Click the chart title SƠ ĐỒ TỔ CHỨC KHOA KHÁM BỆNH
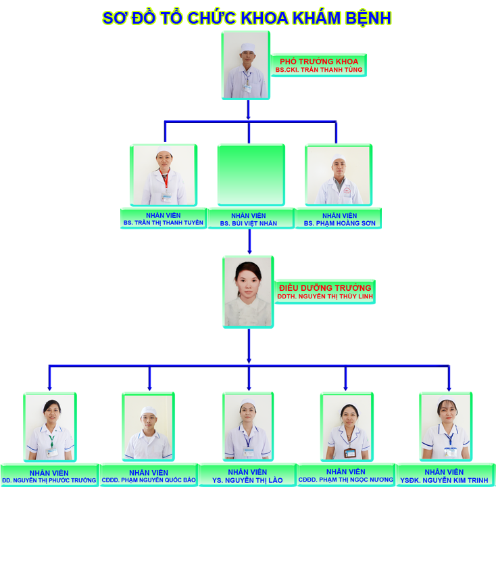tap(247, 18)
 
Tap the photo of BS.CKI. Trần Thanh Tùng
tap(246, 65)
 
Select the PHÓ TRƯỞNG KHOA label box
tap(318, 65)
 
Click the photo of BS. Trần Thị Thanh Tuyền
tap(164, 175)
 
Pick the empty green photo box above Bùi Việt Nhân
tap(251, 175)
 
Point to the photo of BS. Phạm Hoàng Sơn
tap(338, 175)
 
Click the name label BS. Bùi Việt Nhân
tap(251, 218)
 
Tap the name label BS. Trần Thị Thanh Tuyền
tap(163, 218)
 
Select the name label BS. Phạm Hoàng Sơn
tap(339, 218)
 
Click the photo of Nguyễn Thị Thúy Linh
tap(248, 292)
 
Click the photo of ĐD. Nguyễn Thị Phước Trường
tap(49, 427)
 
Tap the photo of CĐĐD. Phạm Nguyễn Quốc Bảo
tap(149, 427)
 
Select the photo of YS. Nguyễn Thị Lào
tap(248, 427)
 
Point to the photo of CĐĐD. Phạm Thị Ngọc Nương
tap(346, 427)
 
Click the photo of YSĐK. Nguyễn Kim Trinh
tap(445, 427)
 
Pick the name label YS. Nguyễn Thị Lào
tap(247, 476)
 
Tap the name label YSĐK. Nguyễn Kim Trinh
tap(445, 476)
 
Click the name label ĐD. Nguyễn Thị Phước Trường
tap(49, 476)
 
